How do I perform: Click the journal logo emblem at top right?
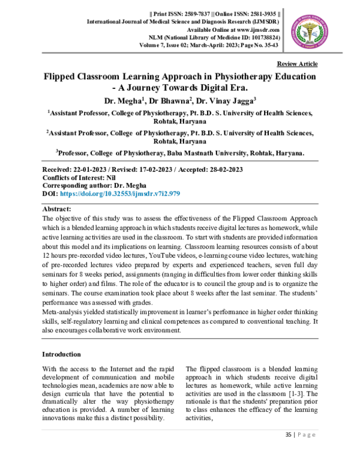click(x=309, y=28)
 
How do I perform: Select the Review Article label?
click(x=297, y=64)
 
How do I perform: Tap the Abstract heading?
click(x=57, y=209)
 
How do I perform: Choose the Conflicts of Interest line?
click(x=79, y=178)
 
